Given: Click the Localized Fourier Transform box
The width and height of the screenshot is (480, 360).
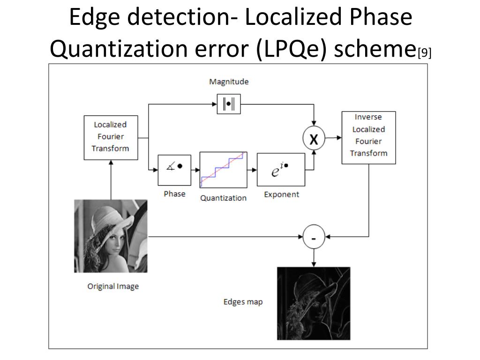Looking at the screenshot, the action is click(x=111, y=138).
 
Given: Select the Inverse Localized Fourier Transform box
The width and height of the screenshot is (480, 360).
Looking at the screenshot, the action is click(x=368, y=138).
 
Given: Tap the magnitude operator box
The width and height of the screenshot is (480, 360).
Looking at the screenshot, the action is click(x=229, y=104).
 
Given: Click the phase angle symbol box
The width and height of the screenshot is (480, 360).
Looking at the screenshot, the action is click(x=174, y=170).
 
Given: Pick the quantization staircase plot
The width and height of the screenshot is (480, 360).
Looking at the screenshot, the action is click(x=224, y=170).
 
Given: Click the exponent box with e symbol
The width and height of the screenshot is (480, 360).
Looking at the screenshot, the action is click(x=281, y=170).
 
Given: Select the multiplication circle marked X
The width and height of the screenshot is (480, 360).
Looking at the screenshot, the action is click(x=314, y=138).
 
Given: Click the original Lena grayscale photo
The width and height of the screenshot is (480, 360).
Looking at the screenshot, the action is click(x=111, y=236).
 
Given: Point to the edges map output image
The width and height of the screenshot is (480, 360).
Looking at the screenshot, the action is click(x=314, y=303).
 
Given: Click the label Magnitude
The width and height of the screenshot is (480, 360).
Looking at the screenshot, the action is click(x=229, y=82).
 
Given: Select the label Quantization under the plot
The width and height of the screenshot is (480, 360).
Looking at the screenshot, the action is click(x=224, y=198).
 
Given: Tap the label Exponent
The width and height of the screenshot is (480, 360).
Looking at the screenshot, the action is click(x=282, y=195).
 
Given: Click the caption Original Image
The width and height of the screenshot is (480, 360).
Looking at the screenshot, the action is click(x=113, y=286).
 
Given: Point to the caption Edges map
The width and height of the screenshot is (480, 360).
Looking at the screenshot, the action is click(x=243, y=302).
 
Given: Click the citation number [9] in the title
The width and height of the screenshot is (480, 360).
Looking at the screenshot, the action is click(x=425, y=52).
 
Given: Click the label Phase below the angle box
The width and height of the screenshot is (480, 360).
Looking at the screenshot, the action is click(x=174, y=194).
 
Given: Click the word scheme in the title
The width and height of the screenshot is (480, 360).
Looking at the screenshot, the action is click(x=375, y=49).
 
